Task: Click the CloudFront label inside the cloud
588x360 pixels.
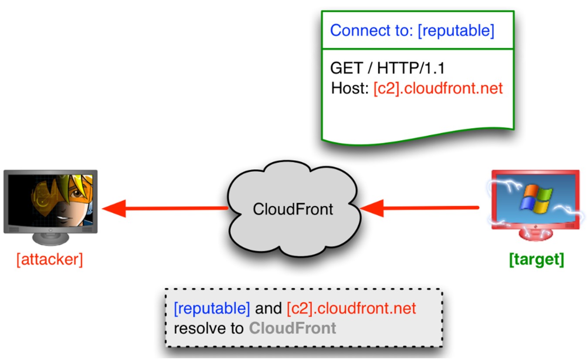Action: [293, 209]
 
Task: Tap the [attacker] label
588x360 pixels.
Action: [49, 260]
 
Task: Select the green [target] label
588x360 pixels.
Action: [536, 259]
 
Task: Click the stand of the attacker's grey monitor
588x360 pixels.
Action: [51, 239]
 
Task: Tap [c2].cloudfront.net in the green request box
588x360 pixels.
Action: [438, 88]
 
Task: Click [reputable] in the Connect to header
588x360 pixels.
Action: [456, 31]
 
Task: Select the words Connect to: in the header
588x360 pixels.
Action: [372, 31]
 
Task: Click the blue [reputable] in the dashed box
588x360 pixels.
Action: [212, 309]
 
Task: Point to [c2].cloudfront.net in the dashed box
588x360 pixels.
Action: [351, 309]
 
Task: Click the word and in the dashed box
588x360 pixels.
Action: [268, 309]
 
